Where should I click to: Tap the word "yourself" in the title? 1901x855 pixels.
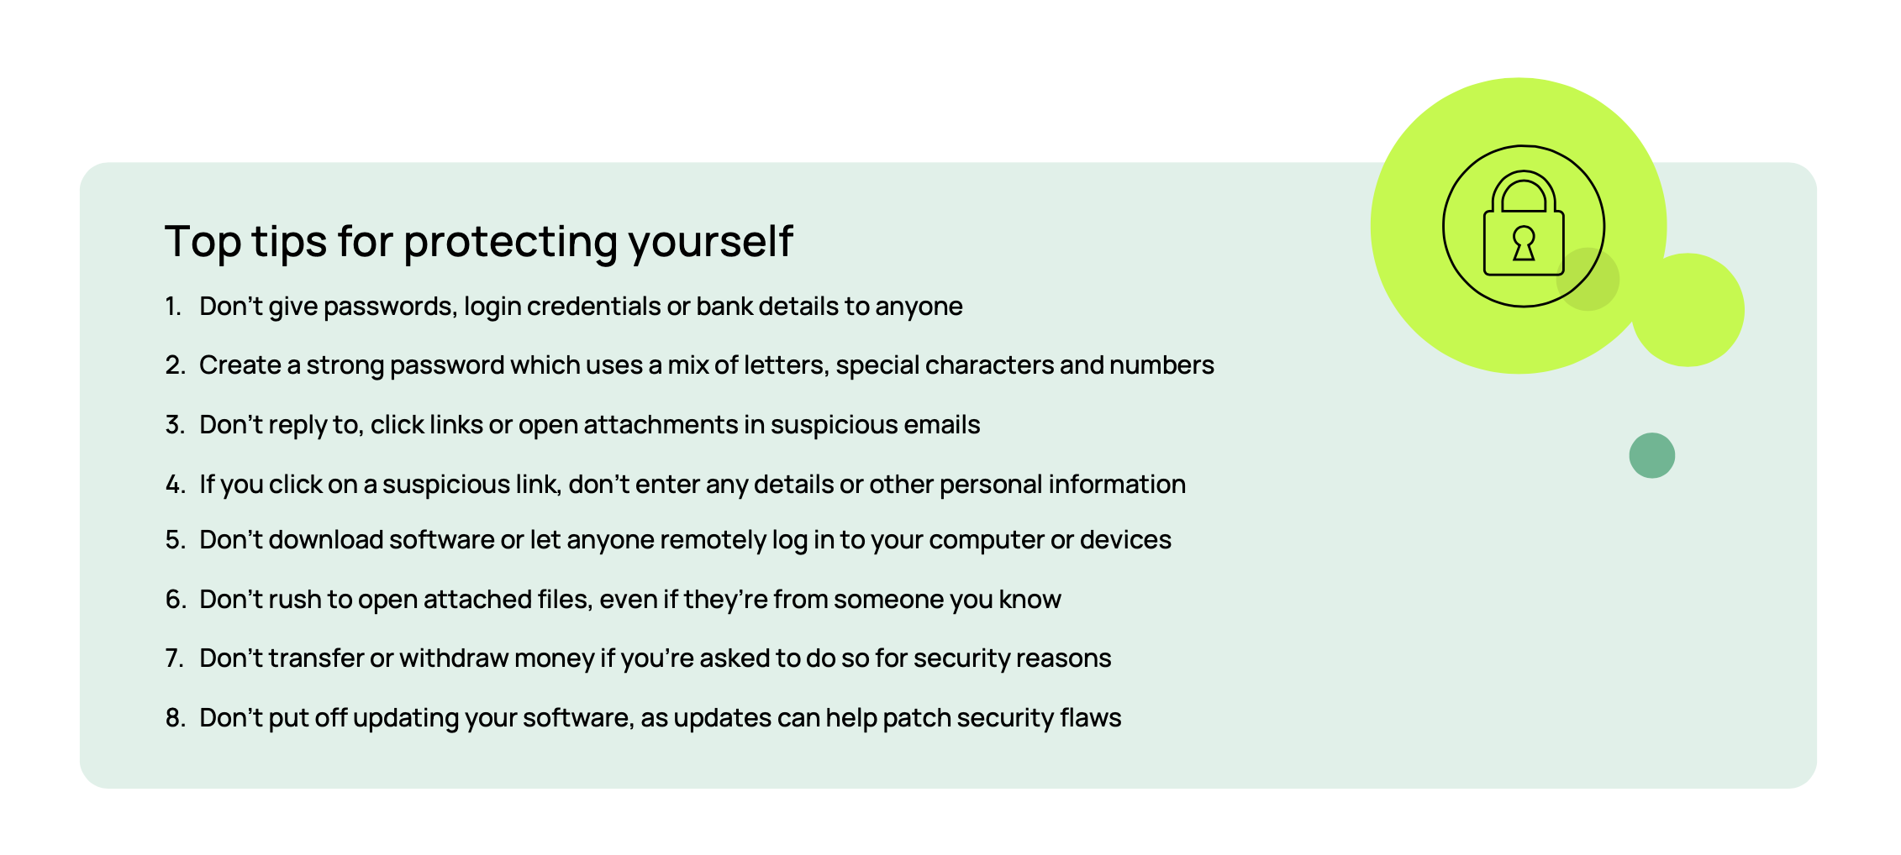tap(711, 243)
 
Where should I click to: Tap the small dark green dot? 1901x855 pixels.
tap(1652, 455)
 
